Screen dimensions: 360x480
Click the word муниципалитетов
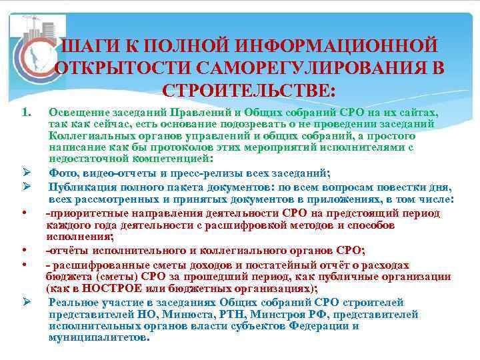[99, 337]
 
